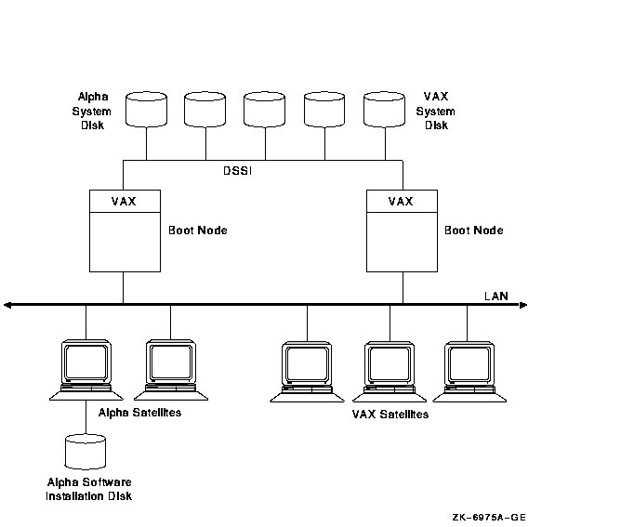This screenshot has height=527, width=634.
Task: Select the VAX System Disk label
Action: coord(435,111)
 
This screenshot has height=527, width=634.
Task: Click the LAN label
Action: coord(495,296)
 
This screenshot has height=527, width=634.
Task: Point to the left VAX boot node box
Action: coord(125,231)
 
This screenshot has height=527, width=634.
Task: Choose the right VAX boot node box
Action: coord(402,231)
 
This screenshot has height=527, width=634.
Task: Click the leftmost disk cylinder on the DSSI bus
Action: coord(147,108)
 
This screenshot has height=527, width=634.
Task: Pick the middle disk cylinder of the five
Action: coord(266,108)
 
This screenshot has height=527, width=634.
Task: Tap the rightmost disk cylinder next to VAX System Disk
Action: coord(385,108)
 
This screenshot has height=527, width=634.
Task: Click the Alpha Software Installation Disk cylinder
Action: coord(86,451)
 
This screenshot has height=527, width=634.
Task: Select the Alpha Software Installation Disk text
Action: coord(89,489)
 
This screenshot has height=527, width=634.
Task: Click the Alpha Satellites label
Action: coord(139,412)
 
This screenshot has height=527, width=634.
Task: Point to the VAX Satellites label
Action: coord(390,415)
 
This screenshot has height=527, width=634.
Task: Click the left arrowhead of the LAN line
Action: coord(8,304)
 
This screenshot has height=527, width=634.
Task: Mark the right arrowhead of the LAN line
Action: coord(523,304)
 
